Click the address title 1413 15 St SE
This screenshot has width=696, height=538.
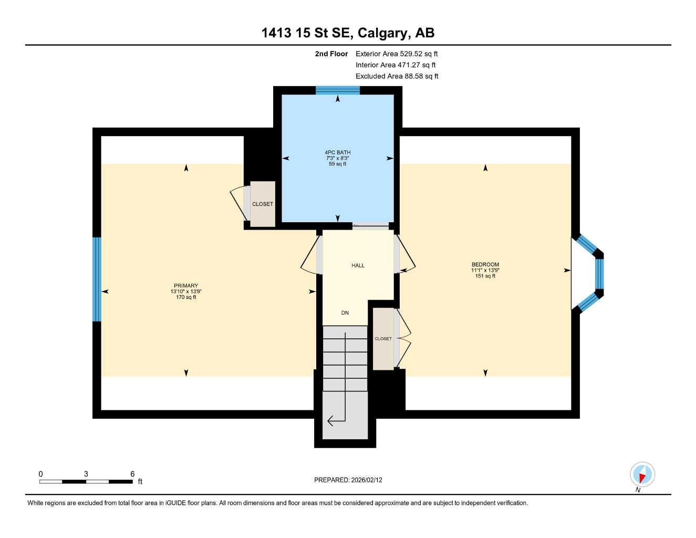pos(348,33)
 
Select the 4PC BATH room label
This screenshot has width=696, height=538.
pos(337,152)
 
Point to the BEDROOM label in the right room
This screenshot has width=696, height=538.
pos(485,265)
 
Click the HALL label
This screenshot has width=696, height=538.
pos(358,266)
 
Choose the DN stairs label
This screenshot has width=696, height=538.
pos(345,313)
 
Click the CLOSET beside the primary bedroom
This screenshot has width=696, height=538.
pos(262,204)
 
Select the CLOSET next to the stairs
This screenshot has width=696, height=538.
pos(383,339)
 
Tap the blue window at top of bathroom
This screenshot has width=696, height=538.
pos(337,90)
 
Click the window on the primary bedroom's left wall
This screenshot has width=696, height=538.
pos(97,279)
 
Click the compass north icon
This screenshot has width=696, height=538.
pos(642,475)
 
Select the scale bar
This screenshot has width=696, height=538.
pos(86,481)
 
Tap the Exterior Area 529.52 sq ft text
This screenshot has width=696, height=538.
pos(397,54)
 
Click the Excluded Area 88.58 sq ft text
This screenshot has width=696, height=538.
pos(397,76)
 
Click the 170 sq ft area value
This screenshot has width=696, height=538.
pos(186,297)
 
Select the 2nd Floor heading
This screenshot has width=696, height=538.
pos(331,54)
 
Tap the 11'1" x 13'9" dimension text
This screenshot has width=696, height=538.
pos(485,271)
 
